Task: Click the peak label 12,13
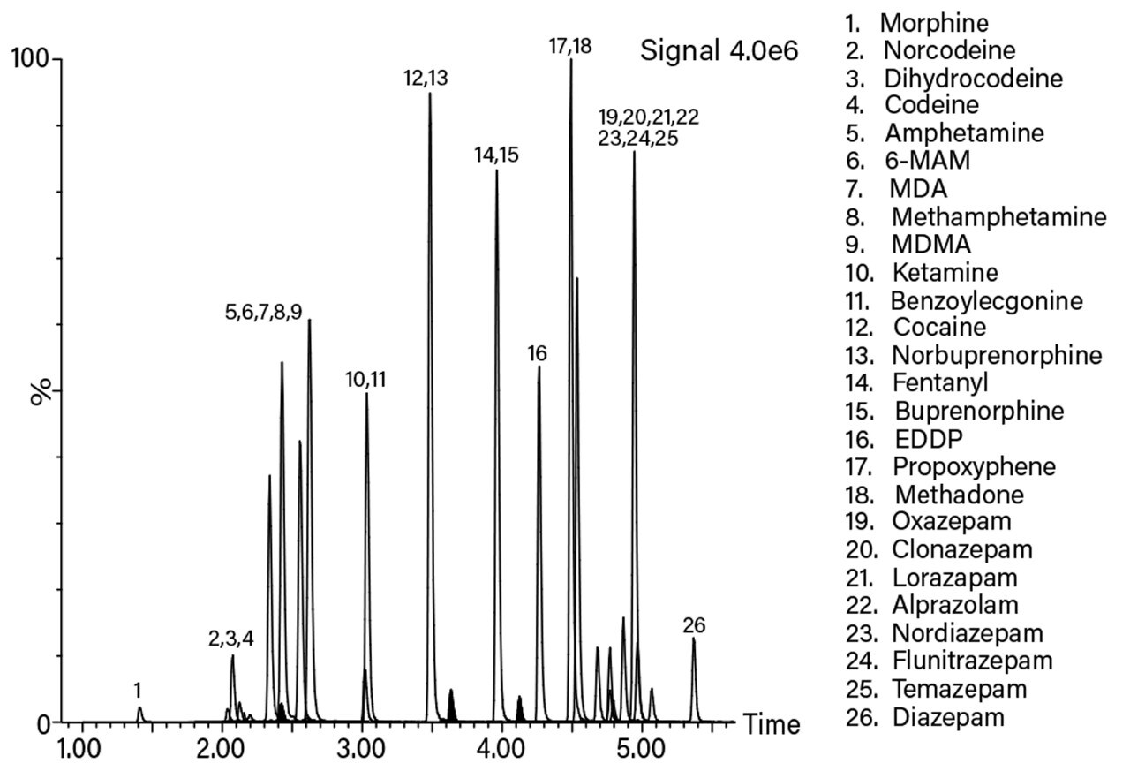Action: (426, 78)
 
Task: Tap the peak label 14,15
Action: (496, 155)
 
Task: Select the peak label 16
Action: (537, 354)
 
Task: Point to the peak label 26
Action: (694, 626)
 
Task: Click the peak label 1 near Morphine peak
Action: (138, 689)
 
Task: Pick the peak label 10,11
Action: (365, 380)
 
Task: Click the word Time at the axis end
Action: (771, 725)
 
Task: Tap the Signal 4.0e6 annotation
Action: (719, 51)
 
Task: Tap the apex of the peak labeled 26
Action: (693, 639)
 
